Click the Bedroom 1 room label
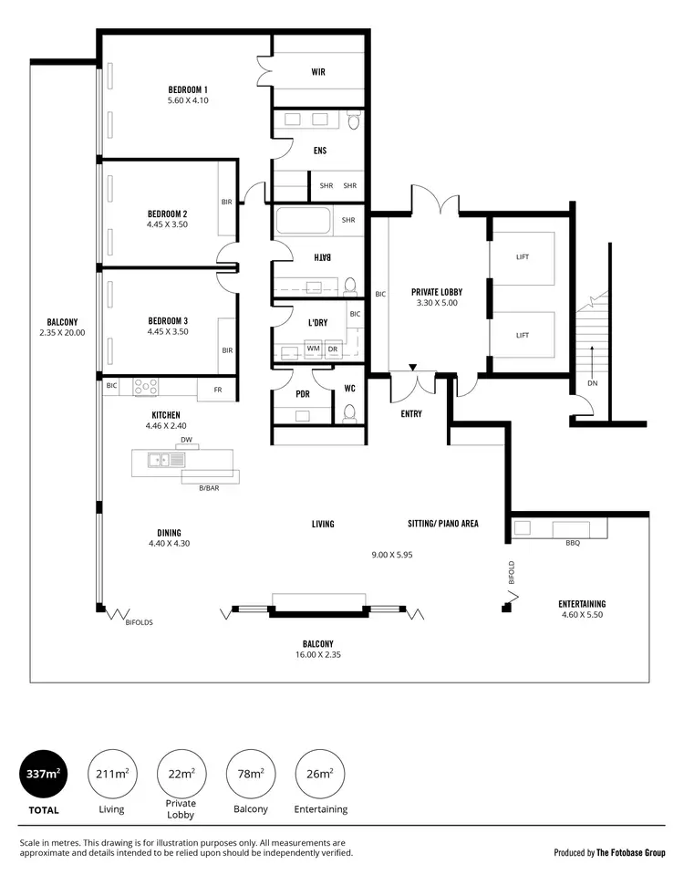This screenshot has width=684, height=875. [x=188, y=89]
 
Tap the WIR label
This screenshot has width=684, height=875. [x=318, y=71]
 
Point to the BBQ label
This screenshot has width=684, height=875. [x=573, y=542]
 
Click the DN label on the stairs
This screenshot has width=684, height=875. [x=592, y=384]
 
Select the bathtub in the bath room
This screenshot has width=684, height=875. [x=306, y=223]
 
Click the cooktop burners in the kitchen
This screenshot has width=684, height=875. [x=146, y=387]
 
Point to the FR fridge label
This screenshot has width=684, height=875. [x=217, y=390]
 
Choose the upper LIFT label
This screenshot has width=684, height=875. [x=523, y=257]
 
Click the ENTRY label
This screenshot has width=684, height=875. [x=410, y=413]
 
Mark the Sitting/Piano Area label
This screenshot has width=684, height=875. [x=442, y=524]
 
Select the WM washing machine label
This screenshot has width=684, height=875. [x=313, y=349]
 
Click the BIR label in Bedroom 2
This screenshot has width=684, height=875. [x=226, y=203]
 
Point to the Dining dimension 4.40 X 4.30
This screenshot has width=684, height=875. [x=169, y=544]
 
